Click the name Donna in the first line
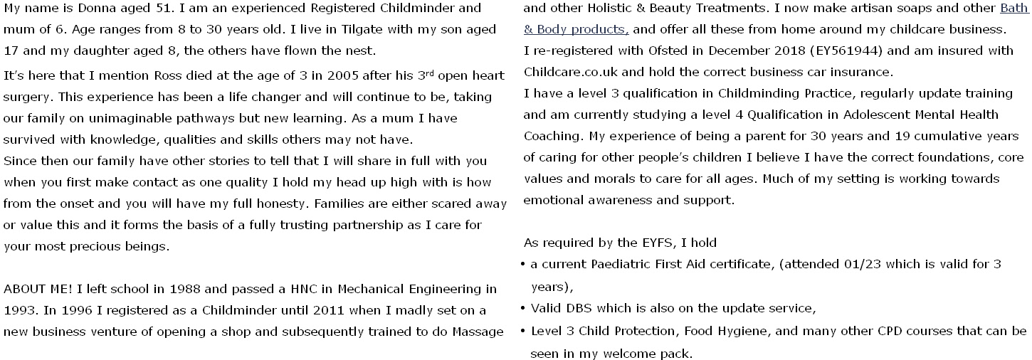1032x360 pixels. [x=89, y=9]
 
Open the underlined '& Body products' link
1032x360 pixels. [x=576, y=30]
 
